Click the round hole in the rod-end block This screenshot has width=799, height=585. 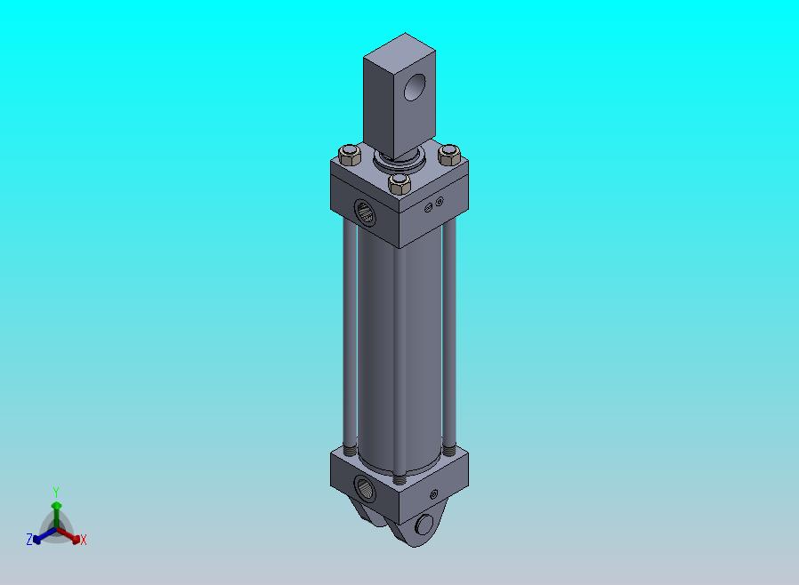(x=415, y=87)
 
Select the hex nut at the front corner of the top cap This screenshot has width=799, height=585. (x=399, y=184)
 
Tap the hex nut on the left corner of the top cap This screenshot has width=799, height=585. (x=350, y=155)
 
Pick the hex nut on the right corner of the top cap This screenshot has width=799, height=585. (x=449, y=155)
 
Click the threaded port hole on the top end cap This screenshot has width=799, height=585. (x=364, y=212)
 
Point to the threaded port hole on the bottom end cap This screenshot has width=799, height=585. (x=365, y=489)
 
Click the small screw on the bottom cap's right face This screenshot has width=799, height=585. (x=434, y=493)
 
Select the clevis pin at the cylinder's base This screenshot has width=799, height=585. (x=424, y=525)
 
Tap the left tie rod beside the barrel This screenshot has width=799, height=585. (x=350, y=336)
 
